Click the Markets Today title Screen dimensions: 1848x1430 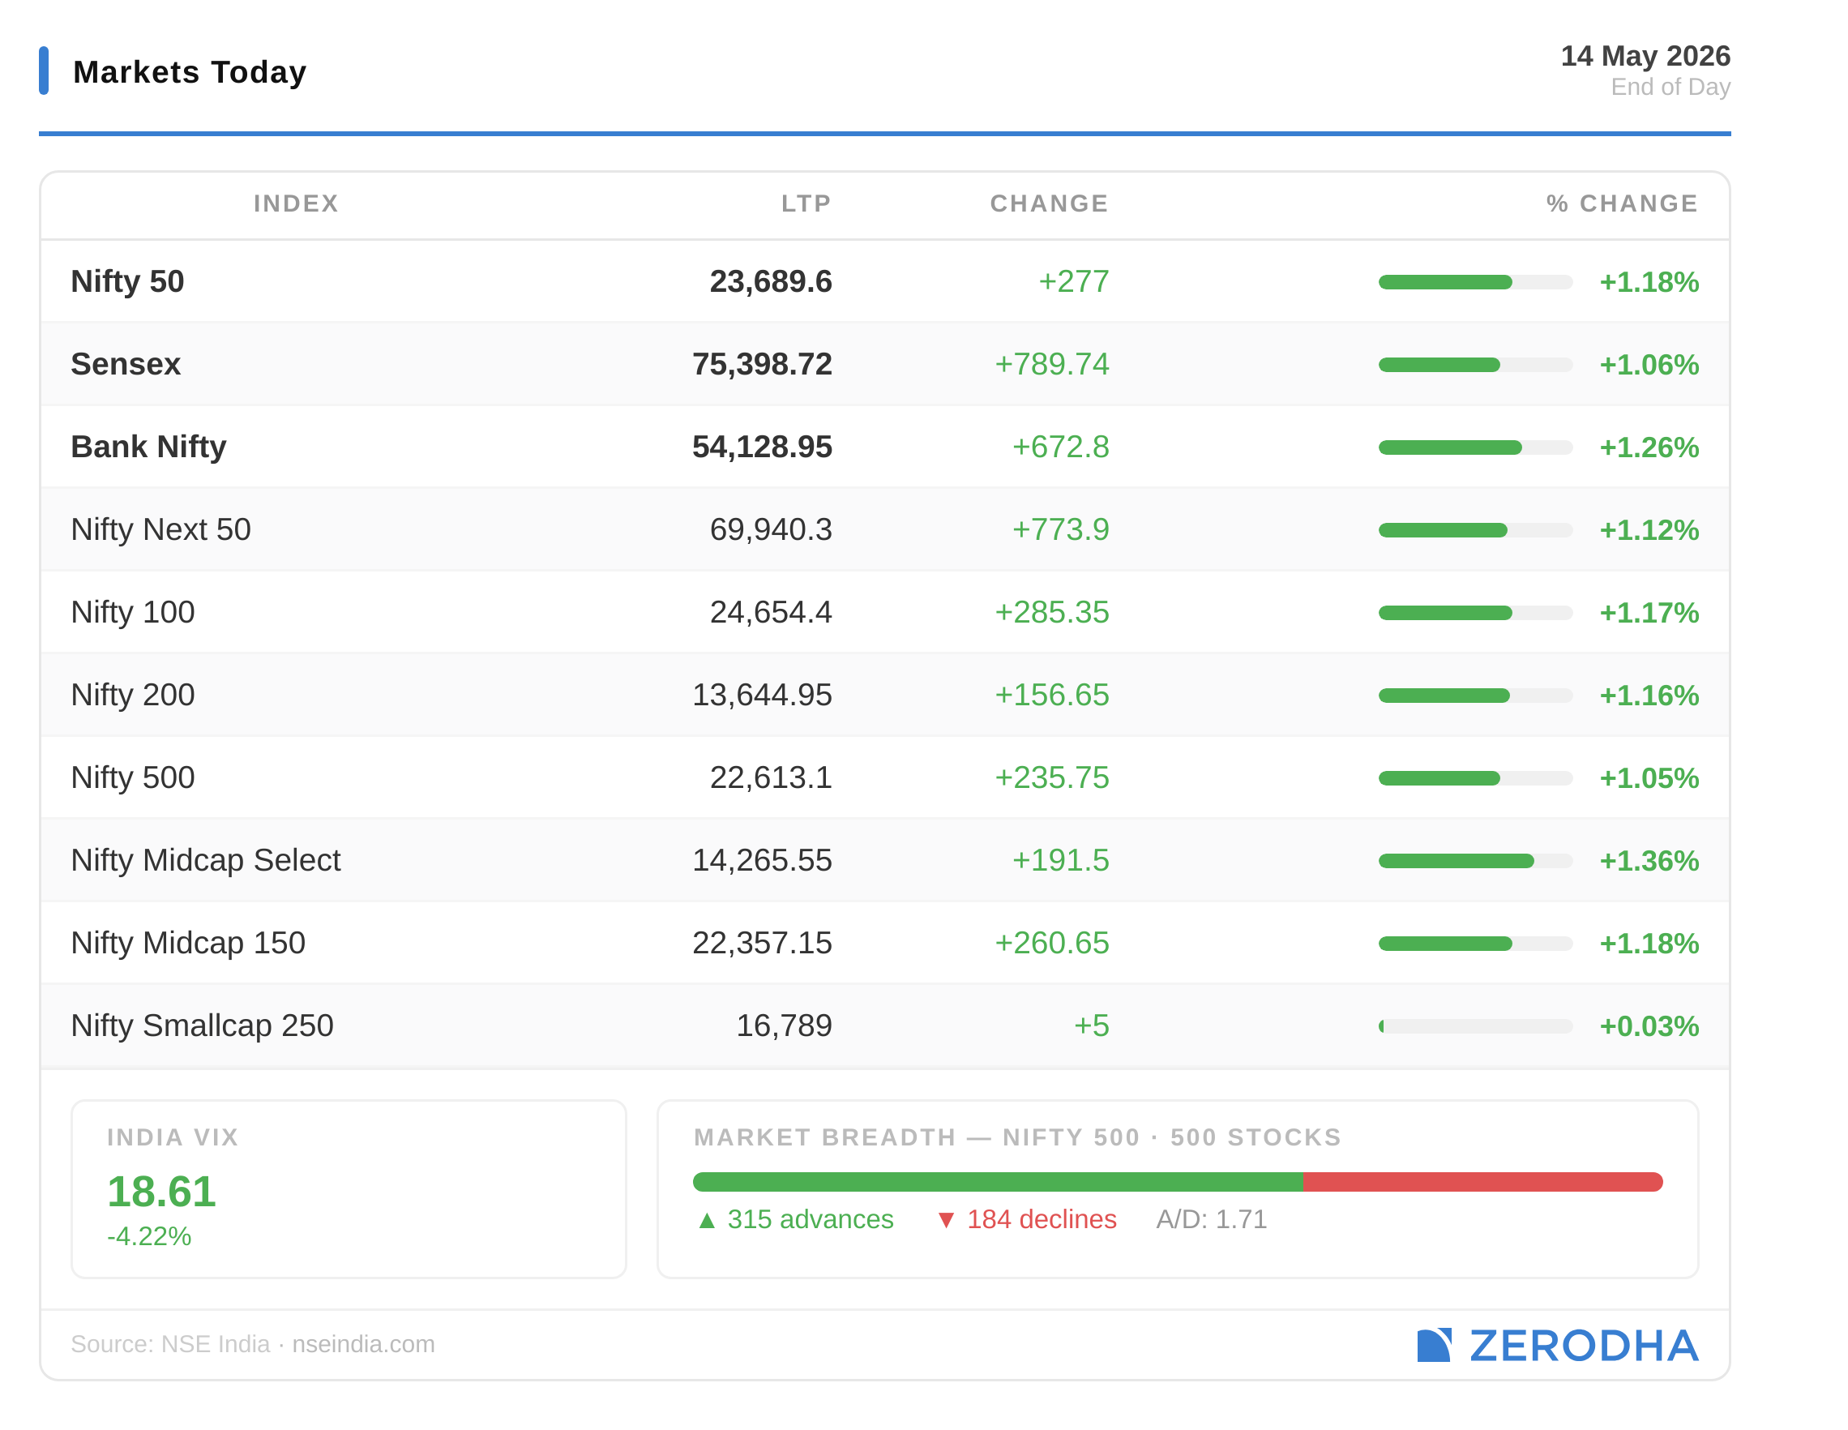pos(190,72)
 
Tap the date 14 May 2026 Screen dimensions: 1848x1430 pos(1645,56)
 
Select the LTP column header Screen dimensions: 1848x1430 pos(806,203)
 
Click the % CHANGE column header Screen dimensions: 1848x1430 pos(1621,203)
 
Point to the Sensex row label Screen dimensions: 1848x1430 pos(126,364)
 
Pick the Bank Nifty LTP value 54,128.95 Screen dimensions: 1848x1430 pos(762,447)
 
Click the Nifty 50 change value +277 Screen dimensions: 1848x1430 pos(1073,282)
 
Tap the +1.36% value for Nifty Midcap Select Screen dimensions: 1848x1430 pos(1649,861)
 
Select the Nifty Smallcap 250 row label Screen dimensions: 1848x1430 pos(203,1025)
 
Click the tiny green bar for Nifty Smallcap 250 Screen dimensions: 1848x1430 pos(1381,1026)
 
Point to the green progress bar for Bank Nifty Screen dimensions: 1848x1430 pos(1449,447)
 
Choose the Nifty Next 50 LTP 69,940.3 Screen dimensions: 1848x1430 pos(770,529)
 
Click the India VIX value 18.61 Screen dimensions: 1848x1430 pos(161,1192)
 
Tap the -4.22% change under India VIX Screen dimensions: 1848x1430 pos(149,1236)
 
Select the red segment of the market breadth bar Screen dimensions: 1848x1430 pos(1482,1182)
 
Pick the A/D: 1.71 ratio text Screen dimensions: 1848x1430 pos(1211,1219)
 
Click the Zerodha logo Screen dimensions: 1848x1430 pos(1557,1346)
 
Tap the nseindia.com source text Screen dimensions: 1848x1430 pos(363,1344)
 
